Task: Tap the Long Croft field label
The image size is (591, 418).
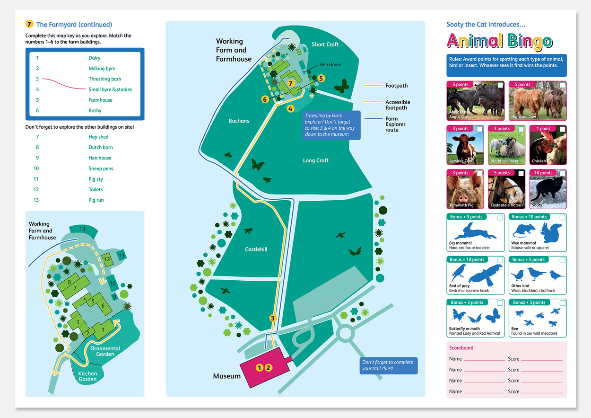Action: pos(315,160)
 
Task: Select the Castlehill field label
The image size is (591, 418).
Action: pos(256,249)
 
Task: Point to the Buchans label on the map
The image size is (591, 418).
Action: pos(239,121)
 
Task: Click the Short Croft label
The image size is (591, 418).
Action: pos(325,44)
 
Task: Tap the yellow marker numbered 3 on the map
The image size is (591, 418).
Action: pos(272,318)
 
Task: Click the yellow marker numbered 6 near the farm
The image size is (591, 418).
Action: pos(265,99)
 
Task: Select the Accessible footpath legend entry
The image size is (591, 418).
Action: pos(397,105)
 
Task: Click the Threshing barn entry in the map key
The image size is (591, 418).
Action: pos(104,79)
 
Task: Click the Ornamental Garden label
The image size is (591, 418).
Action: pos(105,351)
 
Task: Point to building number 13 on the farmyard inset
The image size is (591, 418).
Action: pos(82,229)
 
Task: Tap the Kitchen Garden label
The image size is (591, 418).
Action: pos(87,376)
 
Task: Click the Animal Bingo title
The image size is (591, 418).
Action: pos(499,41)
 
